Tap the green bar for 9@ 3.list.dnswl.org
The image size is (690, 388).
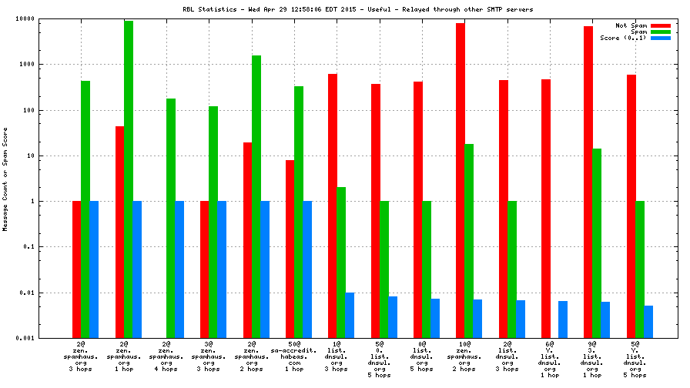[x=597, y=243]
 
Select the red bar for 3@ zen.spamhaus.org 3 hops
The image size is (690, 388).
[x=205, y=269]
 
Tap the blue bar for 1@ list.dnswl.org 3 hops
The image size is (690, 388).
[x=350, y=315]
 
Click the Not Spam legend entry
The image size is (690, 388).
[x=632, y=25]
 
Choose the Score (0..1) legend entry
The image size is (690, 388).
[x=624, y=38]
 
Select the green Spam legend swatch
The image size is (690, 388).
[x=660, y=32]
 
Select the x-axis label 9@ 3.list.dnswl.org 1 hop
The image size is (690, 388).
[x=591, y=361]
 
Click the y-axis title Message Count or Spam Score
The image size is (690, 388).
[x=5, y=179]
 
